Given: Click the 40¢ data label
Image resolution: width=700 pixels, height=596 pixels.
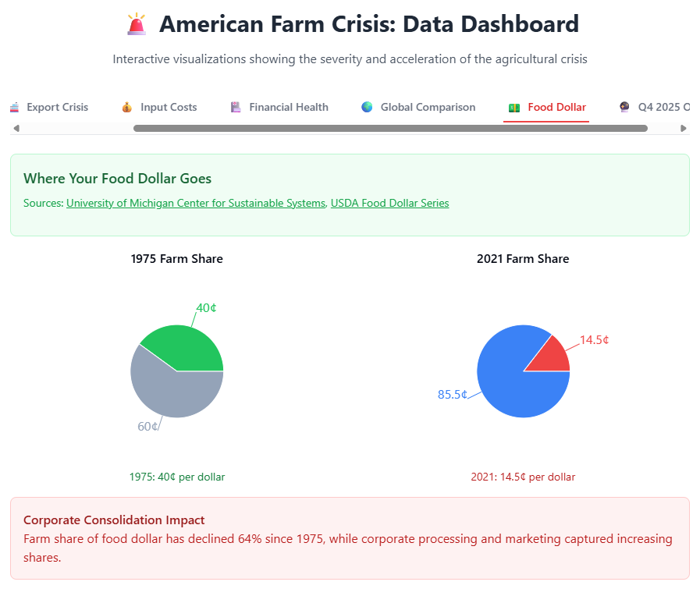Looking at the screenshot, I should coord(206,308).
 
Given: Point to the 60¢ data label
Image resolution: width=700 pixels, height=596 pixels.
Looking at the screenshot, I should coord(148,426).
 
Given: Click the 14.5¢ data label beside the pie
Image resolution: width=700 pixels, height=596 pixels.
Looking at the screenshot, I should coord(594,340).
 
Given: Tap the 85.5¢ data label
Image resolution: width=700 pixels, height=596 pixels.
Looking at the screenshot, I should coord(453,395).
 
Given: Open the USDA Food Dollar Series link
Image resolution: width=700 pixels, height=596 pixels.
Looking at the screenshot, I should coord(389,203).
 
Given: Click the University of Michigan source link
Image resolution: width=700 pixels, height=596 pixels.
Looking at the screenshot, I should coord(195,203).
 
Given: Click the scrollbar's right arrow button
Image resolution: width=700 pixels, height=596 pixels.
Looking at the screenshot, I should coord(684,128).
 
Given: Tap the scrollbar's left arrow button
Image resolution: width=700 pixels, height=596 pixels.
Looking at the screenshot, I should coord(16,128).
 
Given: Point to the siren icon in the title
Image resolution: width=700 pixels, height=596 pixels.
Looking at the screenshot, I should coord(137,24).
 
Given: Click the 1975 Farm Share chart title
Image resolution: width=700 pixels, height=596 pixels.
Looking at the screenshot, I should coord(177,259).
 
